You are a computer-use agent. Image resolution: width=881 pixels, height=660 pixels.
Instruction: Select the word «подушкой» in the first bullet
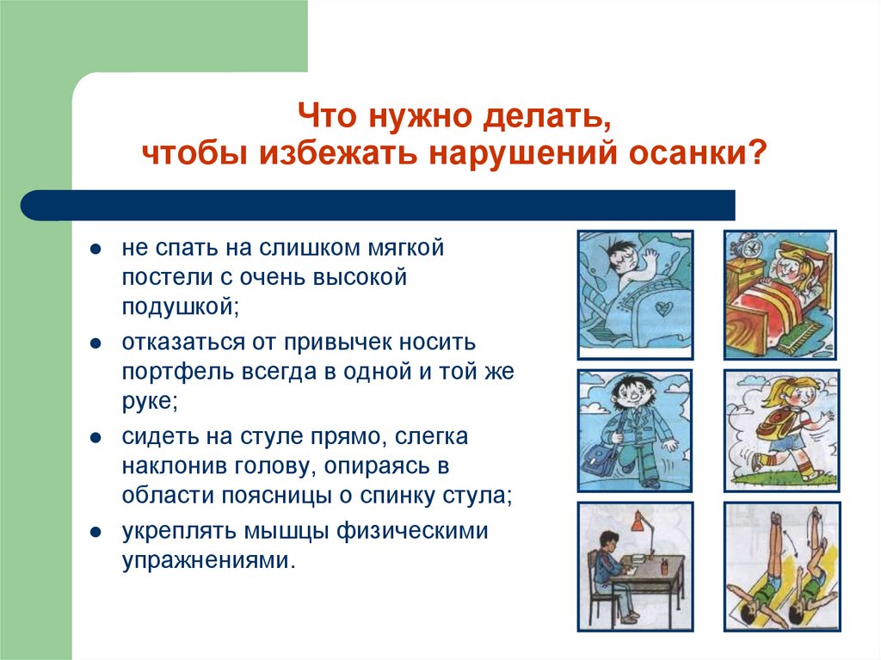coord(181,307)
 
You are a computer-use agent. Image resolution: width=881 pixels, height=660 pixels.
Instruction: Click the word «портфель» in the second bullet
coord(177,372)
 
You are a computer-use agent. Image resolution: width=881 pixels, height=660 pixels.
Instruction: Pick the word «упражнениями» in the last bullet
coord(208,560)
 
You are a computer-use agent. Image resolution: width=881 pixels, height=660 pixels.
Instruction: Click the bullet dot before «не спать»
coord(95,249)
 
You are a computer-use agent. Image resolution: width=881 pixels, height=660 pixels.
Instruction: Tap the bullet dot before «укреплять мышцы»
coord(95,532)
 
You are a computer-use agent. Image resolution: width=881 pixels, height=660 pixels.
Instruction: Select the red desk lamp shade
coord(637,521)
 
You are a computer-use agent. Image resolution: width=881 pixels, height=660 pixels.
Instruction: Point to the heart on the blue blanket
coord(664,307)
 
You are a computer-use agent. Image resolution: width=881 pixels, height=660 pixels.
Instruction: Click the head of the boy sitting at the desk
coord(607,542)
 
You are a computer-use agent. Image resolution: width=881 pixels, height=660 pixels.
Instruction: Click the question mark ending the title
coord(758,151)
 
